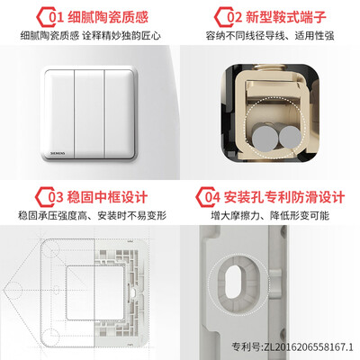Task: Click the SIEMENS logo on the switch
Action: click(x=58, y=153)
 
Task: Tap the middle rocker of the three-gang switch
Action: click(x=89, y=113)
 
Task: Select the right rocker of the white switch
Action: click(x=120, y=113)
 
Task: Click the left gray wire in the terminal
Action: click(x=265, y=139)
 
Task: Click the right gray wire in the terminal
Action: click(x=290, y=137)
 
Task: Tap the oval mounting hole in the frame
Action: click(x=235, y=283)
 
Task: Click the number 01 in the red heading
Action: click(x=56, y=17)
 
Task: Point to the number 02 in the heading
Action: click(x=234, y=17)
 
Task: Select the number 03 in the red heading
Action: click(x=56, y=197)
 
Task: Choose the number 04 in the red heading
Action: click(x=212, y=197)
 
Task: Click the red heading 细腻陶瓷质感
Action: click(x=108, y=17)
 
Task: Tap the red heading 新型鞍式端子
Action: click(x=286, y=17)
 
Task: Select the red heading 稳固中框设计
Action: click(x=107, y=197)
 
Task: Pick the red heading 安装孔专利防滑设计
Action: click(x=284, y=197)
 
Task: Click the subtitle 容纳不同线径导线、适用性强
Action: click(x=270, y=36)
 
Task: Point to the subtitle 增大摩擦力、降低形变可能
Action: click(x=270, y=215)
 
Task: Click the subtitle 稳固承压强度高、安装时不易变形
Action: click(x=92, y=215)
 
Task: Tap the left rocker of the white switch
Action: click(x=59, y=113)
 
